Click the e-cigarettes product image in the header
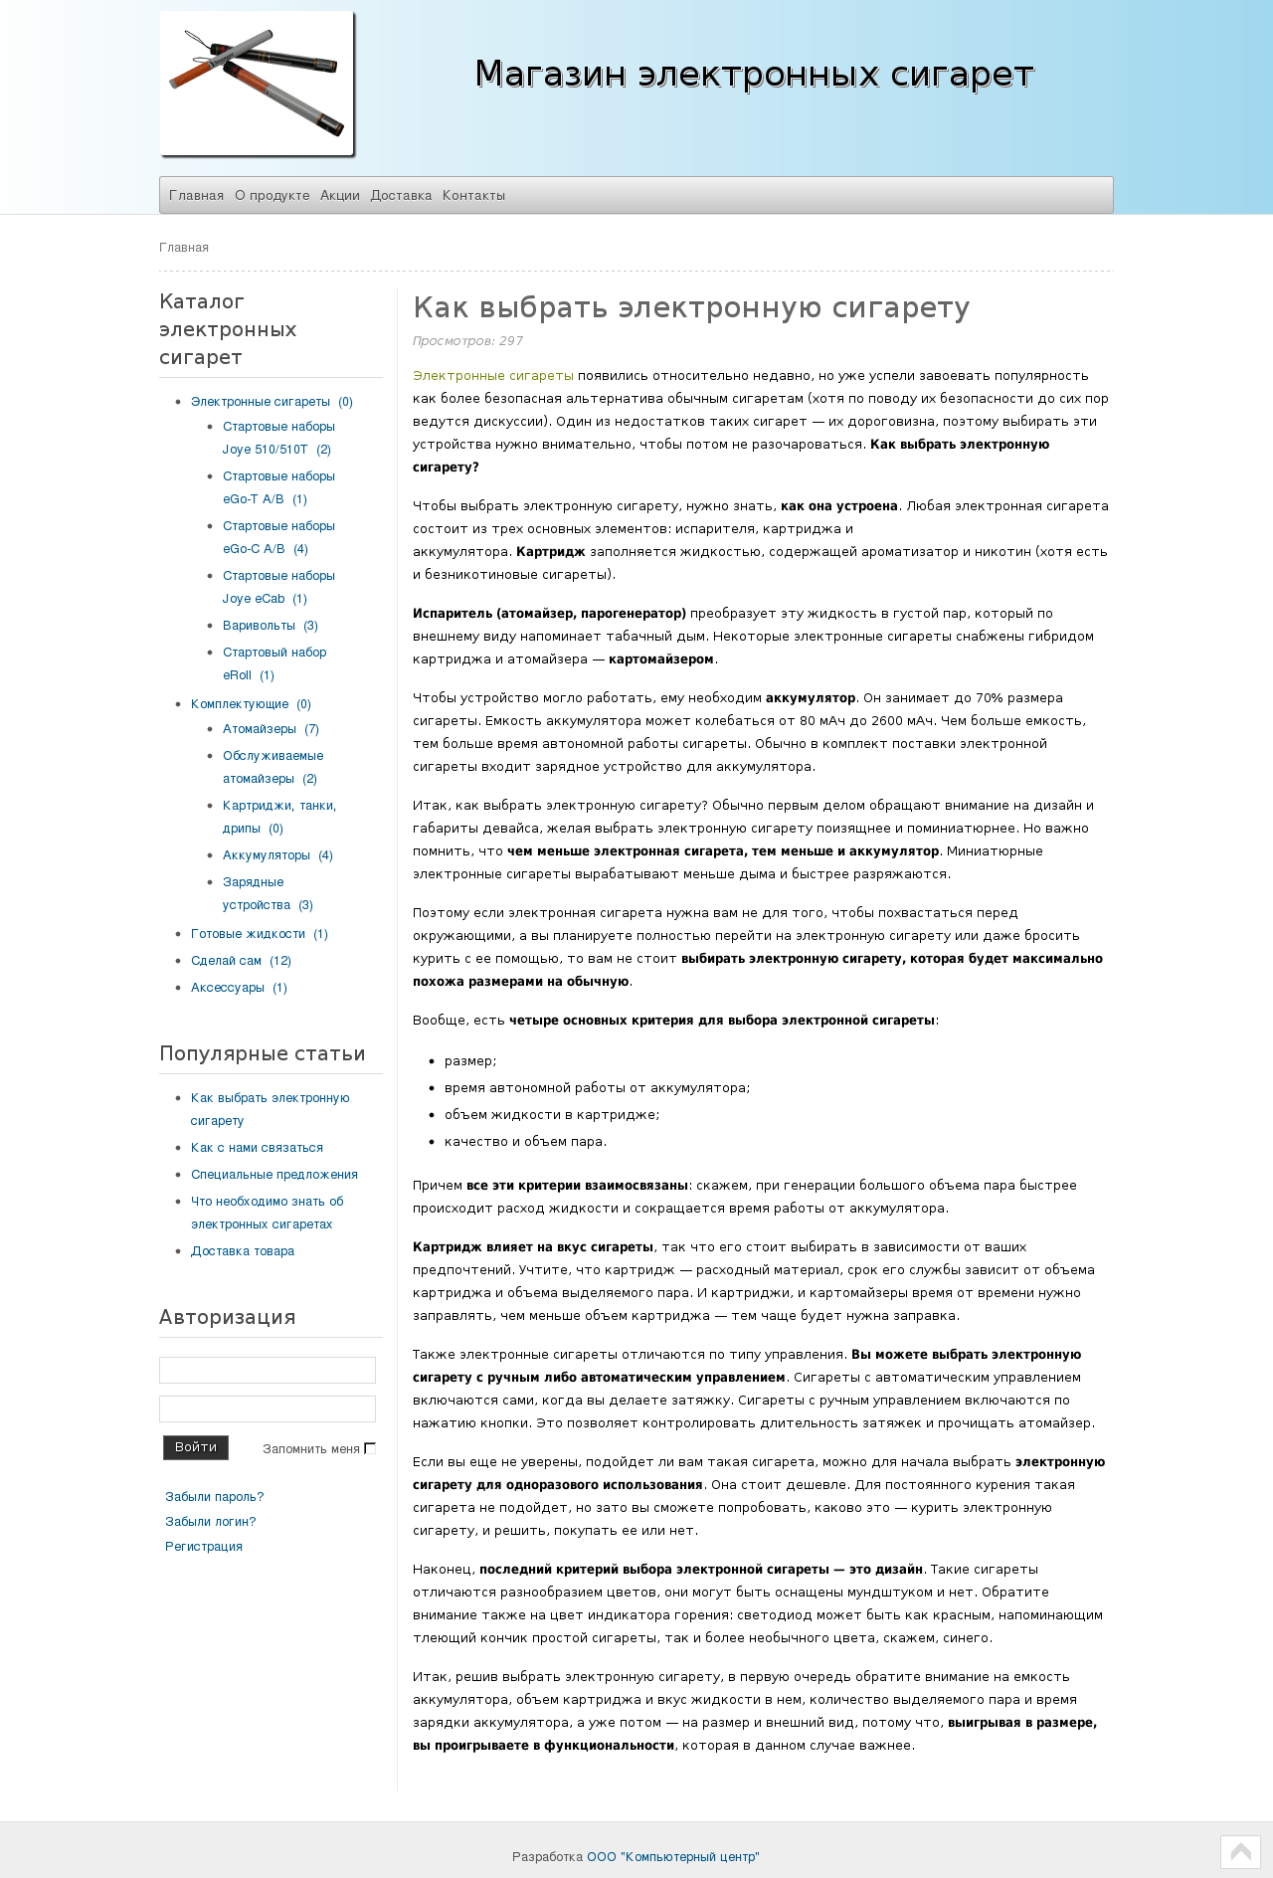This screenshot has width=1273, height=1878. (x=257, y=84)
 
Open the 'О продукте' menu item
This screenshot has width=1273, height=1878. (x=273, y=195)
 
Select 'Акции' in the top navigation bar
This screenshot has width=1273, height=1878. (x=340, y=195)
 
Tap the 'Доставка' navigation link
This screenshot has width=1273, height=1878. (x=401, y=195)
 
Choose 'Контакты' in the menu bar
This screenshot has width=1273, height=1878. (x=473, y=195)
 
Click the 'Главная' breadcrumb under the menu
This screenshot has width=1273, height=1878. (x=184, y=248)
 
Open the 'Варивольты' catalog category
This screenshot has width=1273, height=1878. (x=259, y=626)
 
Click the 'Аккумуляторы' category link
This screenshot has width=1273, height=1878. (x=267, y=855)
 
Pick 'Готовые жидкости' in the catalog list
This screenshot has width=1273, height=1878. (x=248, y=934)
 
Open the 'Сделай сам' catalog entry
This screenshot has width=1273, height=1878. (x=226, y=961)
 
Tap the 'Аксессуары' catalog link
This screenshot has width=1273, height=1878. (x=228, y=988)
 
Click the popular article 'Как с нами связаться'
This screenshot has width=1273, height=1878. (x=257, y=1148)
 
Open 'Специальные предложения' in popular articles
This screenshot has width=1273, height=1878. (x=274, y=1175)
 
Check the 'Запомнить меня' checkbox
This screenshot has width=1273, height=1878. (x=370, y=1448)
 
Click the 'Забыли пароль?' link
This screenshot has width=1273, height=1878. (x=215, y=1497)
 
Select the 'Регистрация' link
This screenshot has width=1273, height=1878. (x=204, y=1547)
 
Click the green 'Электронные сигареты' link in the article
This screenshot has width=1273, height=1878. (x=493, y=376)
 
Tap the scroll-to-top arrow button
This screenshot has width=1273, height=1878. (x=1240, y=1852)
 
